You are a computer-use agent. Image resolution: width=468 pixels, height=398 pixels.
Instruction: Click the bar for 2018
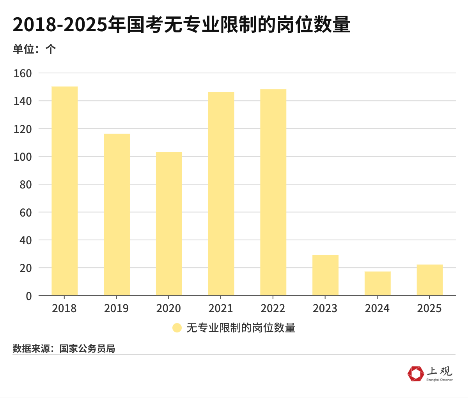[64, 191]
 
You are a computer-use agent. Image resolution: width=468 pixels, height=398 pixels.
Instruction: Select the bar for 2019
[117, 215]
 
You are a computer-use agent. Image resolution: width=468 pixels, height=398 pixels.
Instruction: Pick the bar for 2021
[221, 194]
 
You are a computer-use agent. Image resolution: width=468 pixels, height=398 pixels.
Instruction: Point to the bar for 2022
[273, 192]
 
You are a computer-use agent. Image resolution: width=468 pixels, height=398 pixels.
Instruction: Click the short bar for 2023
[325, 275]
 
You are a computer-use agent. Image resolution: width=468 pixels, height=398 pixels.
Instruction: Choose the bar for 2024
[378, 283]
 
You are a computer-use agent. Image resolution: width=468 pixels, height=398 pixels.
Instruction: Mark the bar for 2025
[430, 280]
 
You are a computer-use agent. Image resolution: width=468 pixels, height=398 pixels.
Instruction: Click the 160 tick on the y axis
[23, 73]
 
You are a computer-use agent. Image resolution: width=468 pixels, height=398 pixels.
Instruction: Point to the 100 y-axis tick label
[23, 157]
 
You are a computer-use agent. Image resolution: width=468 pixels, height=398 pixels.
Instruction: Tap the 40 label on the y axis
[25, 240]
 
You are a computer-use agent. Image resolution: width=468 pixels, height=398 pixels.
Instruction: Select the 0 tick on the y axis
[28, 296]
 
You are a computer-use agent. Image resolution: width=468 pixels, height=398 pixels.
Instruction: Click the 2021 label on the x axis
[221, 309]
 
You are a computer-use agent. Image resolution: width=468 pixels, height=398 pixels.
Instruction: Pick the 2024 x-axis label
[377, 309]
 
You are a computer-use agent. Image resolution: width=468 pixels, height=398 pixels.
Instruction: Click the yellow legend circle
[177, 328]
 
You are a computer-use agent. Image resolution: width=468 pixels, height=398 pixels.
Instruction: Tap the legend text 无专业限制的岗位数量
[241, 328]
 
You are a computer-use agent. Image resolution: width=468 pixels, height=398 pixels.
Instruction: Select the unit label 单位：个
[34, 49]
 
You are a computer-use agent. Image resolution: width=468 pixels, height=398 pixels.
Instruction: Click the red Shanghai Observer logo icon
[416, 373]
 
